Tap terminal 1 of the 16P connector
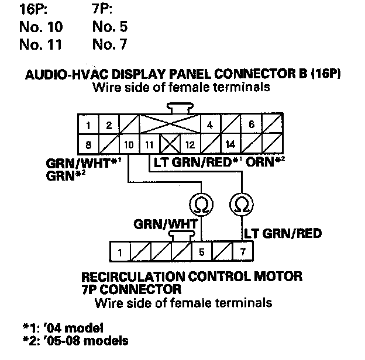87,124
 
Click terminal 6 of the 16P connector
251,124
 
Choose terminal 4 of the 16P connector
210,124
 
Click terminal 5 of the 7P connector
202,253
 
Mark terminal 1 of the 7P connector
119,253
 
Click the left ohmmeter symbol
200,204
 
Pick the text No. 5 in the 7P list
109,27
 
